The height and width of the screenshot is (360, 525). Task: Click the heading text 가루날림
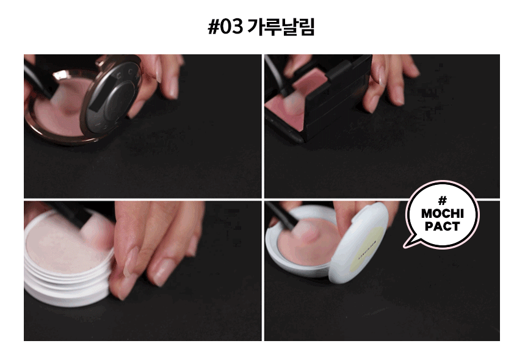coord(281,27)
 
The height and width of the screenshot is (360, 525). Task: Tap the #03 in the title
coord(225,27)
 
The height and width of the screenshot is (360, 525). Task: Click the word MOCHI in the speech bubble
coord(443,214)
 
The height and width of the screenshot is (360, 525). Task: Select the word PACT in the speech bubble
coord(443,226)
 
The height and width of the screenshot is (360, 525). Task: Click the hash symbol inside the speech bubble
coord(443,201)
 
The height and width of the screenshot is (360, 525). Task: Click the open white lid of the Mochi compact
coord(360,243)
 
